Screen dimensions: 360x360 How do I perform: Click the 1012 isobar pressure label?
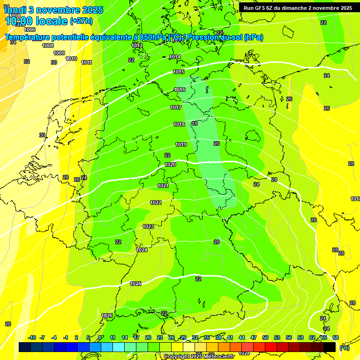click(x=137, y=45)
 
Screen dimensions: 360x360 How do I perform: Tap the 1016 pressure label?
click(x=180, y=90)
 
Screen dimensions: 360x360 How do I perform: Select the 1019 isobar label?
click(x=181, y=144)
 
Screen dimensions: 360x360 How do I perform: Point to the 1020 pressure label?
click(x=170, y=165)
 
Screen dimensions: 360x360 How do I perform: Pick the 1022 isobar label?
click(x=156, y=202)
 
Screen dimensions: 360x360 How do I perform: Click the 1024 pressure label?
click(x=142, y=250)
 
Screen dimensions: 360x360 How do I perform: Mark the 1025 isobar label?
click(x=135, y=284)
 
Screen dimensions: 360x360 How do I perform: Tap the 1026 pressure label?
click(x=107, y=315)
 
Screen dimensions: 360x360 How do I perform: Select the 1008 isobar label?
click(x=48, y=45)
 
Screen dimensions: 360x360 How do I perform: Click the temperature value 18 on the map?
click(x=195, y=123)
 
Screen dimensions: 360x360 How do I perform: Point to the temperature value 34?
click(x=13, y=42)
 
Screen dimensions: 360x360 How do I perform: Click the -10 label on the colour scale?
click(x=32, y=337)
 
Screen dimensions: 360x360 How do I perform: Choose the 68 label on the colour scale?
click(x=336, y=337)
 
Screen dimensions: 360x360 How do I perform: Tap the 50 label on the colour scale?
click(x=265, y=337)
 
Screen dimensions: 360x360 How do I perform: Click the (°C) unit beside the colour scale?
click(x=344, y=347)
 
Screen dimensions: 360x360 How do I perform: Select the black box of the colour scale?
click(x=330, y=347)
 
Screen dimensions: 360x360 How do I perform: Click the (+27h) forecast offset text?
click(x=81, y=21)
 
